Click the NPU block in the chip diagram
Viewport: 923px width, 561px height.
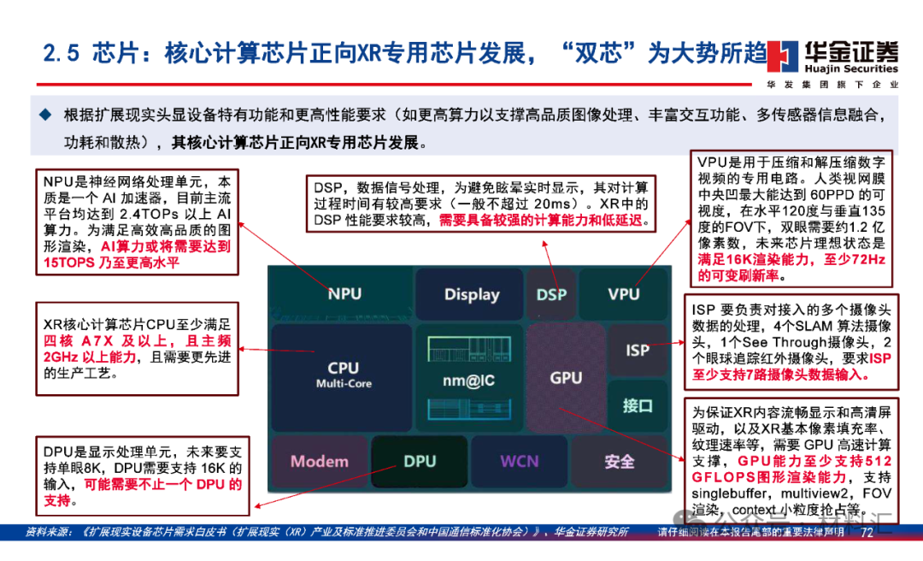click(x=344, y=293)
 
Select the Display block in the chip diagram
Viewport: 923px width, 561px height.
click(x=471, y=294)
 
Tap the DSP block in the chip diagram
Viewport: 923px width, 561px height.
click(x=551, y=294)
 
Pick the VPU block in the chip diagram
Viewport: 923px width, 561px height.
click(x=623, y=293)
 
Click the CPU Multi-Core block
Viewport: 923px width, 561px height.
click(x=344, y=374)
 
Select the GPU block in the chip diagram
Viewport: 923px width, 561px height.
click(x=566, y=376)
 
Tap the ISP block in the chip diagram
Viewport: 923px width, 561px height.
click(x=638, y=350)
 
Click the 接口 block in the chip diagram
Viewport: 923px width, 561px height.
click(x=638, y=405)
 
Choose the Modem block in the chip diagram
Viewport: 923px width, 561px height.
click(x=320, y=461)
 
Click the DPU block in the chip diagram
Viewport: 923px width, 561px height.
click(x=420, y=461)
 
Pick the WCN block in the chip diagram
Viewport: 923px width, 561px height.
click(x=520, y=461)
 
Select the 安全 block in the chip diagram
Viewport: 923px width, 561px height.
click(x=620, y=461)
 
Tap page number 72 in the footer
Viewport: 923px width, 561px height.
click(x=866, y=533)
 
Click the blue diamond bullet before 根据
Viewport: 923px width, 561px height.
click(x=45, y=114)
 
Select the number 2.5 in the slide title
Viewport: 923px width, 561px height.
click(x=62, y=53)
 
